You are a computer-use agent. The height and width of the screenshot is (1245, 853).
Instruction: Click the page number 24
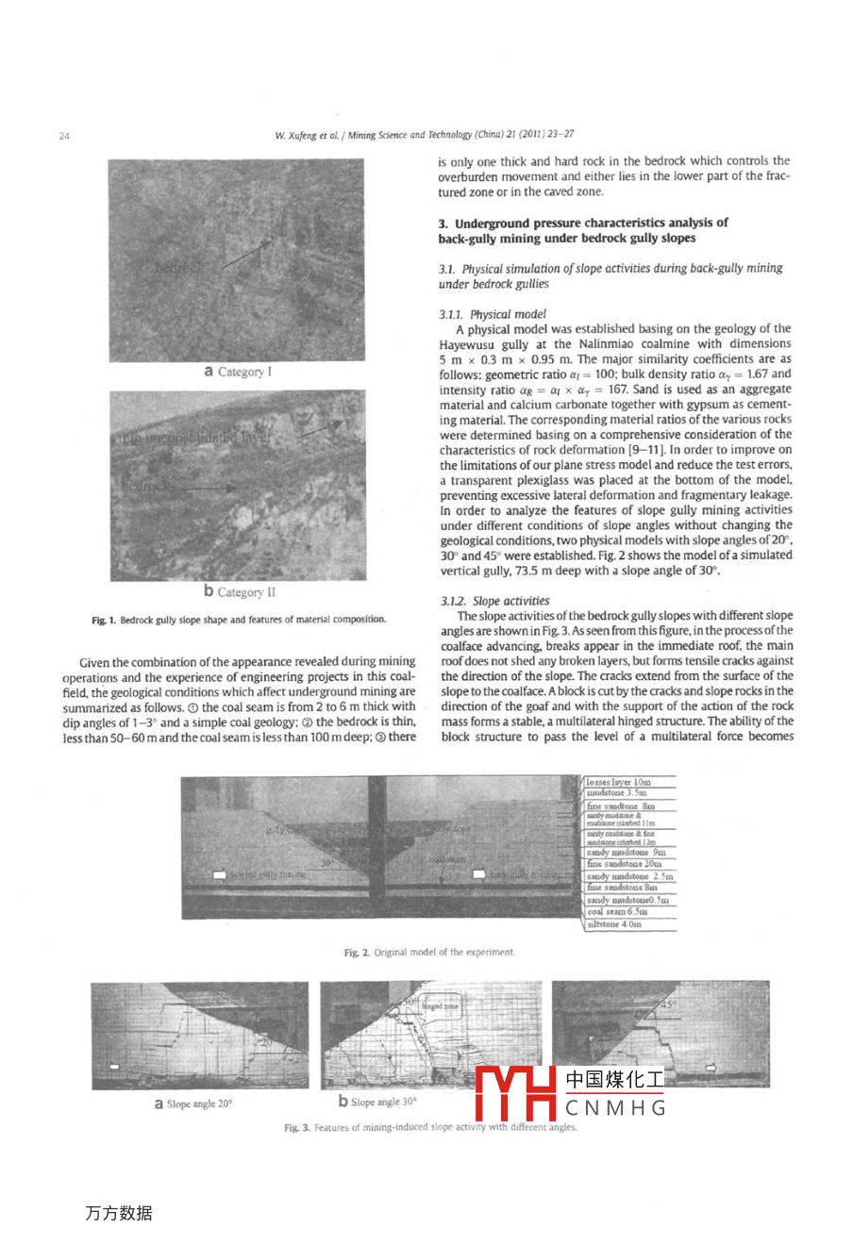click(64, 136)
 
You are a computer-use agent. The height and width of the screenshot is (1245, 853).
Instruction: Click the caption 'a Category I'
click(238, 372)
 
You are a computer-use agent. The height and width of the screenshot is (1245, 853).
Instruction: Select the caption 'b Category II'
click(240, 592)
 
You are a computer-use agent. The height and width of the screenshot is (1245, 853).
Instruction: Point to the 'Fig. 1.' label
click(103, 620)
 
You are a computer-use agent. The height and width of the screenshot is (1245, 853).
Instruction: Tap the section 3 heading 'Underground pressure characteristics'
click(582, 230)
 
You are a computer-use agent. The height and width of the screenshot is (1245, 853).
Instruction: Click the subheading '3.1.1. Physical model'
click(492, 314)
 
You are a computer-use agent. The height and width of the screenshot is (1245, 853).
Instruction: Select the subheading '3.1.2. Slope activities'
click(494, 601)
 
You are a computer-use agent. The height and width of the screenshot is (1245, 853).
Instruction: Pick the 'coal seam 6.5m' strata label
click(617, 912)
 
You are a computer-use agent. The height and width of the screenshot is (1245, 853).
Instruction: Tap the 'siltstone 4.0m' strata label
click(614, 924)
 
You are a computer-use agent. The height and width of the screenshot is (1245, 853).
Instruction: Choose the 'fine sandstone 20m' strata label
click(624, 864)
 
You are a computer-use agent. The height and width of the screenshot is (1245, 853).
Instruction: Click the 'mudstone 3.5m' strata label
click(616, 793)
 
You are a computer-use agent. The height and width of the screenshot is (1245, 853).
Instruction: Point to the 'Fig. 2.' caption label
click(357, 953)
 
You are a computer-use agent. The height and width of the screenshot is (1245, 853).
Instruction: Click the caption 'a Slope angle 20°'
click(193, 1104)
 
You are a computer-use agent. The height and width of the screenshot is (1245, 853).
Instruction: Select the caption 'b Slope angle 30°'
click(377, 1102)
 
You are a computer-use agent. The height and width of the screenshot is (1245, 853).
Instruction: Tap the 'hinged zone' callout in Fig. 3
click(440, 1006)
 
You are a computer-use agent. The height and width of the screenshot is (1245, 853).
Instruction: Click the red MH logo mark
click(515, 1092)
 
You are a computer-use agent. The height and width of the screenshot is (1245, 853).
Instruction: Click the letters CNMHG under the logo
click(615, 1108)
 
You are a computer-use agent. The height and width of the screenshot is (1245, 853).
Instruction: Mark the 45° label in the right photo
click(667, 1004)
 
